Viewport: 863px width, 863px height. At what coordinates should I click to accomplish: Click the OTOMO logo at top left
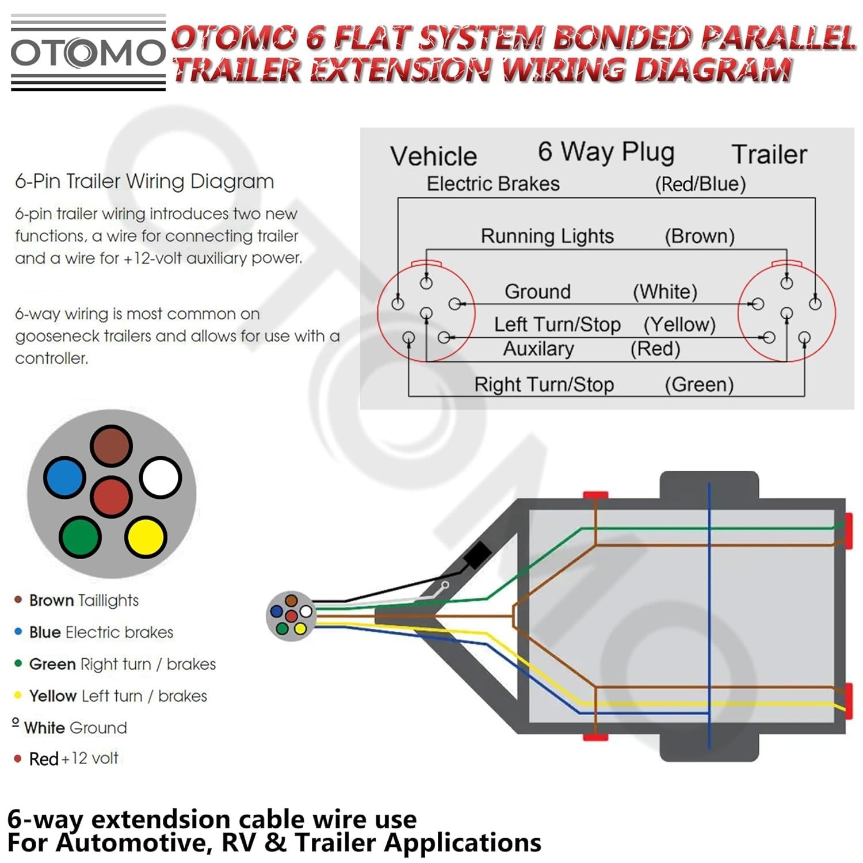coord(88,53)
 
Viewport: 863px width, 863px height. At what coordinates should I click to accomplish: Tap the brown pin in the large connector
coord(111,446)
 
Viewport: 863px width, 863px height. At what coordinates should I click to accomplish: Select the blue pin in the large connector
coord(65,478)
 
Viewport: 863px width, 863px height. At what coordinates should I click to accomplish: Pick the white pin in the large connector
coord(161,478)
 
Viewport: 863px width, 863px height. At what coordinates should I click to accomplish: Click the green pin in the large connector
coord(81,537)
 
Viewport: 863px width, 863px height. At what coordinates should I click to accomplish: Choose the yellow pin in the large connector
coord(146,537)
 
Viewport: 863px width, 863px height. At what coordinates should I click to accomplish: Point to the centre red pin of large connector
coord(112,497)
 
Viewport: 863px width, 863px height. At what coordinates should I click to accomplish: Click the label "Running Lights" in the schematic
coord(547,236)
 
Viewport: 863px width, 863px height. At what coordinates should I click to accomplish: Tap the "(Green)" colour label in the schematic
coord(699,384)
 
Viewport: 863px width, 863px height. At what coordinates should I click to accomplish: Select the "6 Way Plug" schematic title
coord(606,152)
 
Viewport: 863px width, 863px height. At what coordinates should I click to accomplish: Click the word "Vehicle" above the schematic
coord(434,156)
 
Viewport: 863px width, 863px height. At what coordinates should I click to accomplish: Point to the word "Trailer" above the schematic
coord(769,154)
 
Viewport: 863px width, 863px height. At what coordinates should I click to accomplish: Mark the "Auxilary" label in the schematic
coord(539,349)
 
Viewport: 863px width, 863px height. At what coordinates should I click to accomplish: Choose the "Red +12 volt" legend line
coord(74,758)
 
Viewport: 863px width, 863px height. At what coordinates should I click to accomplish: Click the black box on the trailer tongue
coord(477,555)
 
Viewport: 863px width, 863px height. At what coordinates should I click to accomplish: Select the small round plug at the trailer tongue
coord(291,615)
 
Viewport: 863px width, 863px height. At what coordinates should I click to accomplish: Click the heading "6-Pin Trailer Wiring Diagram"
coord(144,181)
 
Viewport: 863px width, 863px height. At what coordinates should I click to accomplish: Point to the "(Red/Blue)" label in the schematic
coord(700,184)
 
